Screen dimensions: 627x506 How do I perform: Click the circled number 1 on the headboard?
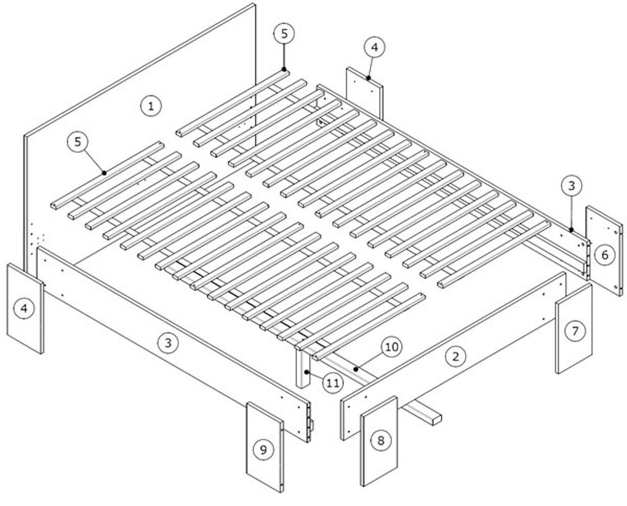pyautogui.click(x=151, y=106)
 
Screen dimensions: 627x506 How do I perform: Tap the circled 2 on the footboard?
pyautogui.click(x=456, y=356)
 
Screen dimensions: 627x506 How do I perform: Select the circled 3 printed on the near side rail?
pyautogui.click(x=168, y=343)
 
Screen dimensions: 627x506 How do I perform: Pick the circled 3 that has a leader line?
pyautogui.click(x=571, y=186)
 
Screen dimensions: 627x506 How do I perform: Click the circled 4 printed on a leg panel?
pyautogui.click(x=24, y=308)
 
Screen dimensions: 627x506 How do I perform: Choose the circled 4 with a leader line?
pyautogui.click(x=375, y=47)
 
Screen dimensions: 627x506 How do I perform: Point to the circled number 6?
pyautogui.click(x=605, y=255)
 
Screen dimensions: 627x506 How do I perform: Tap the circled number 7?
pyautogui.click(x=575, y=331)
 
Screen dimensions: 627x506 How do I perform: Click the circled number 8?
pyautogui.click(x=381, y=440)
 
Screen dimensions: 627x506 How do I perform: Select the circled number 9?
pyautogui.click(x=263, y=450)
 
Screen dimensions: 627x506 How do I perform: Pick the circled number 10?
pyautogui.click(x=392, y=347)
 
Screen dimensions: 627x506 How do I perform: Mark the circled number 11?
pyautogui.click(x=333, y=383)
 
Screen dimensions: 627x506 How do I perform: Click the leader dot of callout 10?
pyautogui.click(x=356, y=369)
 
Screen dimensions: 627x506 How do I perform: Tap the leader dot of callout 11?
pyautogui.click(x=306, y=372)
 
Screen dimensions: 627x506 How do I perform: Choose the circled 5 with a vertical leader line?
pyautogui.click(x=284, y=34)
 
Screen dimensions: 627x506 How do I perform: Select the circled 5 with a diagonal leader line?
pyautogui.click(x=78, y=142)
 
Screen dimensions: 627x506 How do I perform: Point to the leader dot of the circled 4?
pyautogui.click(x=368, y=78)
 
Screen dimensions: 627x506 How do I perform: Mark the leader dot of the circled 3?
pyautogui.click(x=572, y=230)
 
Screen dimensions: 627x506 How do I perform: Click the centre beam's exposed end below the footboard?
pyautogui.click(x=436, y=419)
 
